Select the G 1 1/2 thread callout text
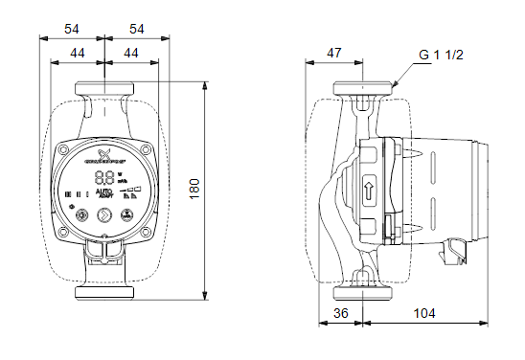(x=441, y=55)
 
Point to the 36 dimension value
(x=340, y=312)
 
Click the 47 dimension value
(x=334, y=55)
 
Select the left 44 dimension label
(x=77, y=55)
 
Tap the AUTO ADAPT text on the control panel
(x=104, y=193)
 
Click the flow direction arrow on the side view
(x=371, y=191)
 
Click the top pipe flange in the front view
(x=103, y=89)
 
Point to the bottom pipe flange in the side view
(x=363, y=284)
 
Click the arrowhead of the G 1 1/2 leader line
(x=393, y=85)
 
